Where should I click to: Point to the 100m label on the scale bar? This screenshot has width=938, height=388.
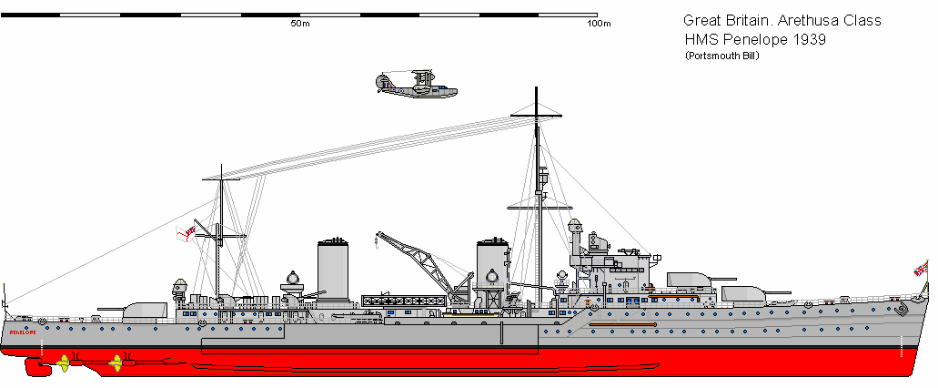(x=599, y=24)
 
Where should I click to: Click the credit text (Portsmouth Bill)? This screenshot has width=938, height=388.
(x=722, y=56)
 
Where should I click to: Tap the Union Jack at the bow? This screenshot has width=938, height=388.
(x=921, y=268)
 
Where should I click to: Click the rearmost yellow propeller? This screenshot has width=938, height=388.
(x=65, y=363)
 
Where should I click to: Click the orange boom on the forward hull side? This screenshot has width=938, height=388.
(x=621, y=324)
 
